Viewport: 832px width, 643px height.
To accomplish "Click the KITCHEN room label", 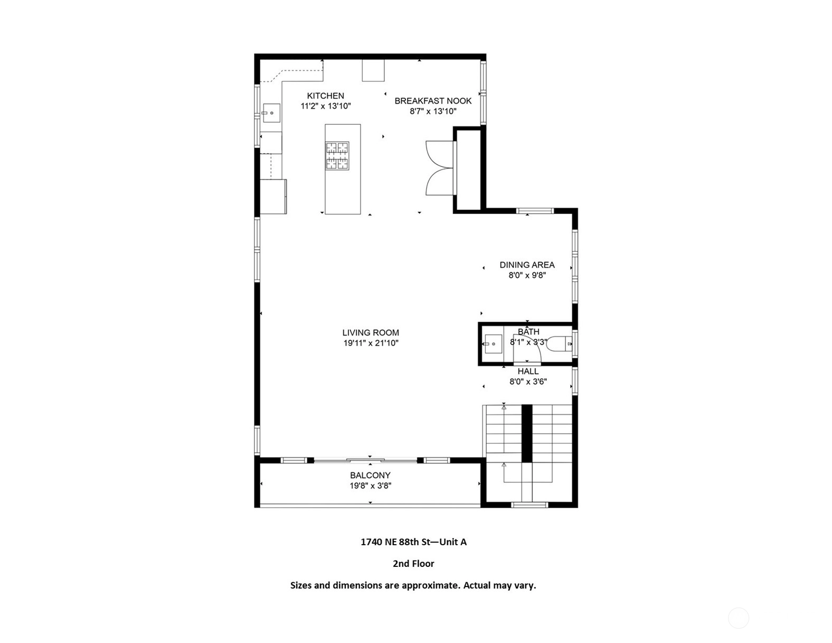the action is pos(325,96).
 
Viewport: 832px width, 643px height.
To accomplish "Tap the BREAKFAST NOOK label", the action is pos(433,101).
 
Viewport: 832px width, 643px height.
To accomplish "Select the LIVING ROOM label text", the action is pos(371,333).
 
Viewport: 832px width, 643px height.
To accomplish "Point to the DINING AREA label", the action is pos(527,265).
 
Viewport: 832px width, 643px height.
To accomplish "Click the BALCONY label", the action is pos(370,475).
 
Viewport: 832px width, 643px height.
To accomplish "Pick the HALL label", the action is pos(528,371).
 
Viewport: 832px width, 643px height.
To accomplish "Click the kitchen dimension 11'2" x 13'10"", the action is pos(325,106).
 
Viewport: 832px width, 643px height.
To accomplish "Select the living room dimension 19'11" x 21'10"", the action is pos(371,343).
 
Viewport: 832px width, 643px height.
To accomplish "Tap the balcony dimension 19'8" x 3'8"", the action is pos(370,486).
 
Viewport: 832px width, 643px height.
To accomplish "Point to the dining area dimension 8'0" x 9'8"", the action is pos(527,275).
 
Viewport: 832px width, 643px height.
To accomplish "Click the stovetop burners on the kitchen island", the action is pos(337,155).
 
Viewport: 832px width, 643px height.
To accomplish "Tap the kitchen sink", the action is pos(271,113).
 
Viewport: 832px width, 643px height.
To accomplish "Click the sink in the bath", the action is pos(493,344).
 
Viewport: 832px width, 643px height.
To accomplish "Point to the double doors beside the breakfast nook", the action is pos(440,168).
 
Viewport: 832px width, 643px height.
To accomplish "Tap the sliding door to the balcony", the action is pos(365,460).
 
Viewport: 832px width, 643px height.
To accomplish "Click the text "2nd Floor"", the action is pos(413,564).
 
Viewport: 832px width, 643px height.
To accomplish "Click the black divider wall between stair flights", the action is pos(527,433).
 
